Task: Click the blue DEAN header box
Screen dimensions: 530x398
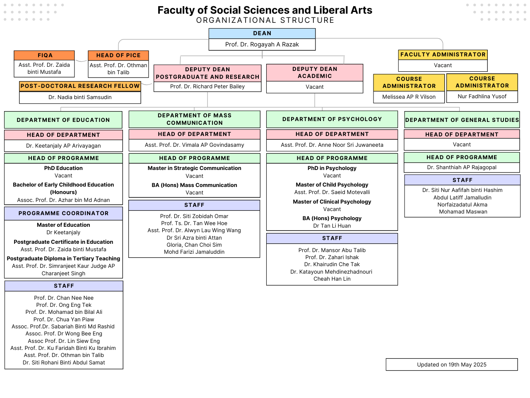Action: [x=262, y=33]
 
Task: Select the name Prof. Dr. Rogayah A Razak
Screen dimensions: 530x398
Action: [x=262, y=44]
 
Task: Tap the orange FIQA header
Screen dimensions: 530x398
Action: [x=44, y=55]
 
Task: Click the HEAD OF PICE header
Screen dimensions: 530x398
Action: [x=118, y=55]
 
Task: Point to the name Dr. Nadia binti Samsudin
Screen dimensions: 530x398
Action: [x=80, y=97]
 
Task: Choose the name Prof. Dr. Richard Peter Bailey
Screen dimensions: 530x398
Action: [x=207, y=87]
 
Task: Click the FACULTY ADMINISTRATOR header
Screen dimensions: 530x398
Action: [x=443, y=55]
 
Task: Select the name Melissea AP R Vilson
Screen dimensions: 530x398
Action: [x=409, y=97]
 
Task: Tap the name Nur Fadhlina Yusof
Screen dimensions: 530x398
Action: [x=482, y=97]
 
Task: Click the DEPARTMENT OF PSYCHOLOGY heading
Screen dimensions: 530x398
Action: [x=332, y=119]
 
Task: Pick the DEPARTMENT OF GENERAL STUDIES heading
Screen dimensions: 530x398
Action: [x=462, y=120]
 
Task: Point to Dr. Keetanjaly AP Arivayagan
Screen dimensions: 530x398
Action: [x=63, y=146]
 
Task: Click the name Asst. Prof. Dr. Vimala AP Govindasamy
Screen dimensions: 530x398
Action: [x=194, y=145]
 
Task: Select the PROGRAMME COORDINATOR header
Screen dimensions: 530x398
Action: [x=63, y=214]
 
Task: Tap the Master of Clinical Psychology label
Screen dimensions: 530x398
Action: [x=332, y=202]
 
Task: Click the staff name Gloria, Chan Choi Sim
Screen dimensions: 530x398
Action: [x=194, y=245]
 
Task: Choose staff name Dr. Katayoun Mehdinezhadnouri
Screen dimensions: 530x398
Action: [x=331, y=272]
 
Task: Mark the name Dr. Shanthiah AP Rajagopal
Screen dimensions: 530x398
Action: [x=462, y=167]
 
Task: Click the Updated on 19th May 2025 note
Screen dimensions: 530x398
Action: [x=451, y=365]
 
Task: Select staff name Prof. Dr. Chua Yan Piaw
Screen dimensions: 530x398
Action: [x=64, y=320]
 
